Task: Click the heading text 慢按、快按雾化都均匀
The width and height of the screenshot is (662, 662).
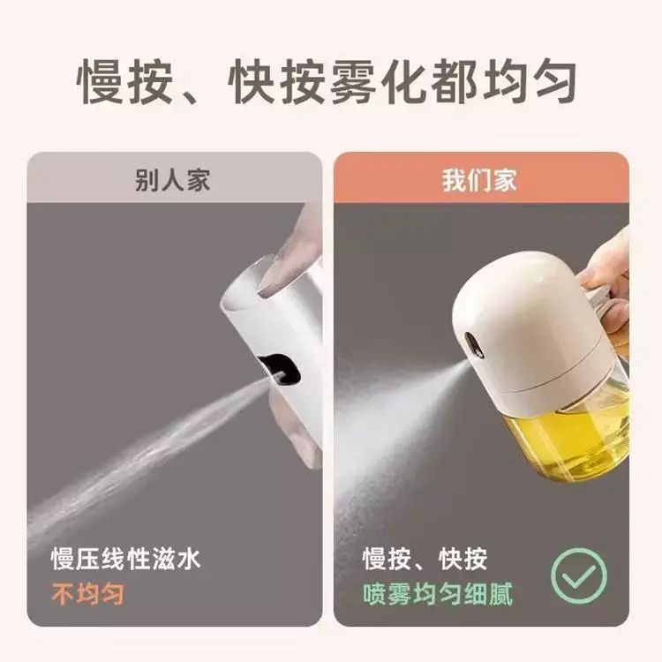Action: pyautogui.click(x=327, y=81)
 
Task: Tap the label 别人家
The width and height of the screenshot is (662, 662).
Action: pyautogui.click(x=173, y=180)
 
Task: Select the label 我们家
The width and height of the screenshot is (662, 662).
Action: pyautogui.click(x=479, y=180)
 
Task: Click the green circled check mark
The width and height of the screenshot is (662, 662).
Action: pyautogui.click(x=579, y=575)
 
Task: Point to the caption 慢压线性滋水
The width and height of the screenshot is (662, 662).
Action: pyautogui.click(x=125, y=559)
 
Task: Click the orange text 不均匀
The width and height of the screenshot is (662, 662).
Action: pyautogui.click(x=87, y=593)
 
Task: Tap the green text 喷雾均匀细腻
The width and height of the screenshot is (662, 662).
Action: pyautogui.click(x=438, y=594)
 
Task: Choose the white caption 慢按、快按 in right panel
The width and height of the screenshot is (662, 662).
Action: pyautogui.click(x=425, y=559)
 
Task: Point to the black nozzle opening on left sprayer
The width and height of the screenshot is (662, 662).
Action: pyautogui.click(x=279, y=370)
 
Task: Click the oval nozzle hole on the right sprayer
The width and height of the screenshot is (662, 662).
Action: pyautogui.click(x=474, y=345)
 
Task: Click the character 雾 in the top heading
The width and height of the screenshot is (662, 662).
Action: pyautogui.click(x=352, y=81)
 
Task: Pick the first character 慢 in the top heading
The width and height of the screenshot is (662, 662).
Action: pyautogui.click(x=100, y=81)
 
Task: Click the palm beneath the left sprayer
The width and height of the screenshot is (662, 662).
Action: pyautogui.click(x=296, y=426)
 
